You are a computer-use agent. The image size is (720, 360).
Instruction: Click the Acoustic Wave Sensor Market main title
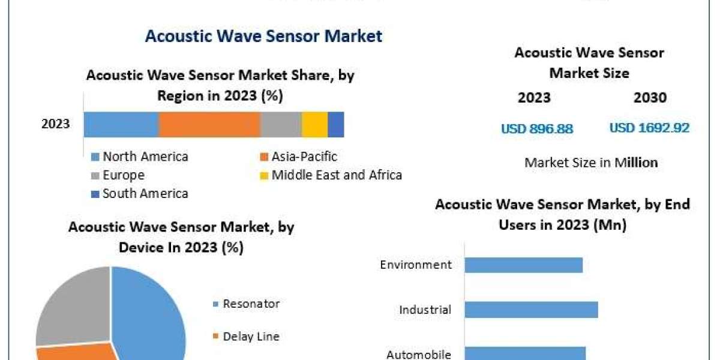[x=263, y=36]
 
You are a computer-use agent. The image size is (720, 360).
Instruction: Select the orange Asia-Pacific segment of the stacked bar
[x=209, y=124]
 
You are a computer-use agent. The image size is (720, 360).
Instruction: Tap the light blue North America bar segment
[x=121, y=124]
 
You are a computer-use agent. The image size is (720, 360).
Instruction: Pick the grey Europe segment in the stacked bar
[x=281, y=124]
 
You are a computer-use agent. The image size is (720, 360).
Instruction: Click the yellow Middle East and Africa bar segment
[x=314, y=124]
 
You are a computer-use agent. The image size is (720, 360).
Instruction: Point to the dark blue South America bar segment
[x=335, y=124]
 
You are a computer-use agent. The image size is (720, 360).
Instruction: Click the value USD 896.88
[x=537, y=128]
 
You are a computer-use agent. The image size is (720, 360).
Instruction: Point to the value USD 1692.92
[x=649, y=128]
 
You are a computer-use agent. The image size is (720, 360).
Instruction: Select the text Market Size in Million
[x=591, y=163]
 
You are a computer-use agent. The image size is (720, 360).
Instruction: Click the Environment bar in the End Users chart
[x=523, y=265]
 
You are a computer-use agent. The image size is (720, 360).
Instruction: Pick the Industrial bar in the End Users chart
[x=531, y=310]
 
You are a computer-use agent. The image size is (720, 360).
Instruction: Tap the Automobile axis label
[x=419, y=354]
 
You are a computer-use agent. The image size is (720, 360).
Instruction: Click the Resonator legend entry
[x=251, y=304]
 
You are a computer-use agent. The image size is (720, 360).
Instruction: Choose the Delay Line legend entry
[x=251, y=337]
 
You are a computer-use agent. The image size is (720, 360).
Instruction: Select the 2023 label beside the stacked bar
[x=55, y=124]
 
